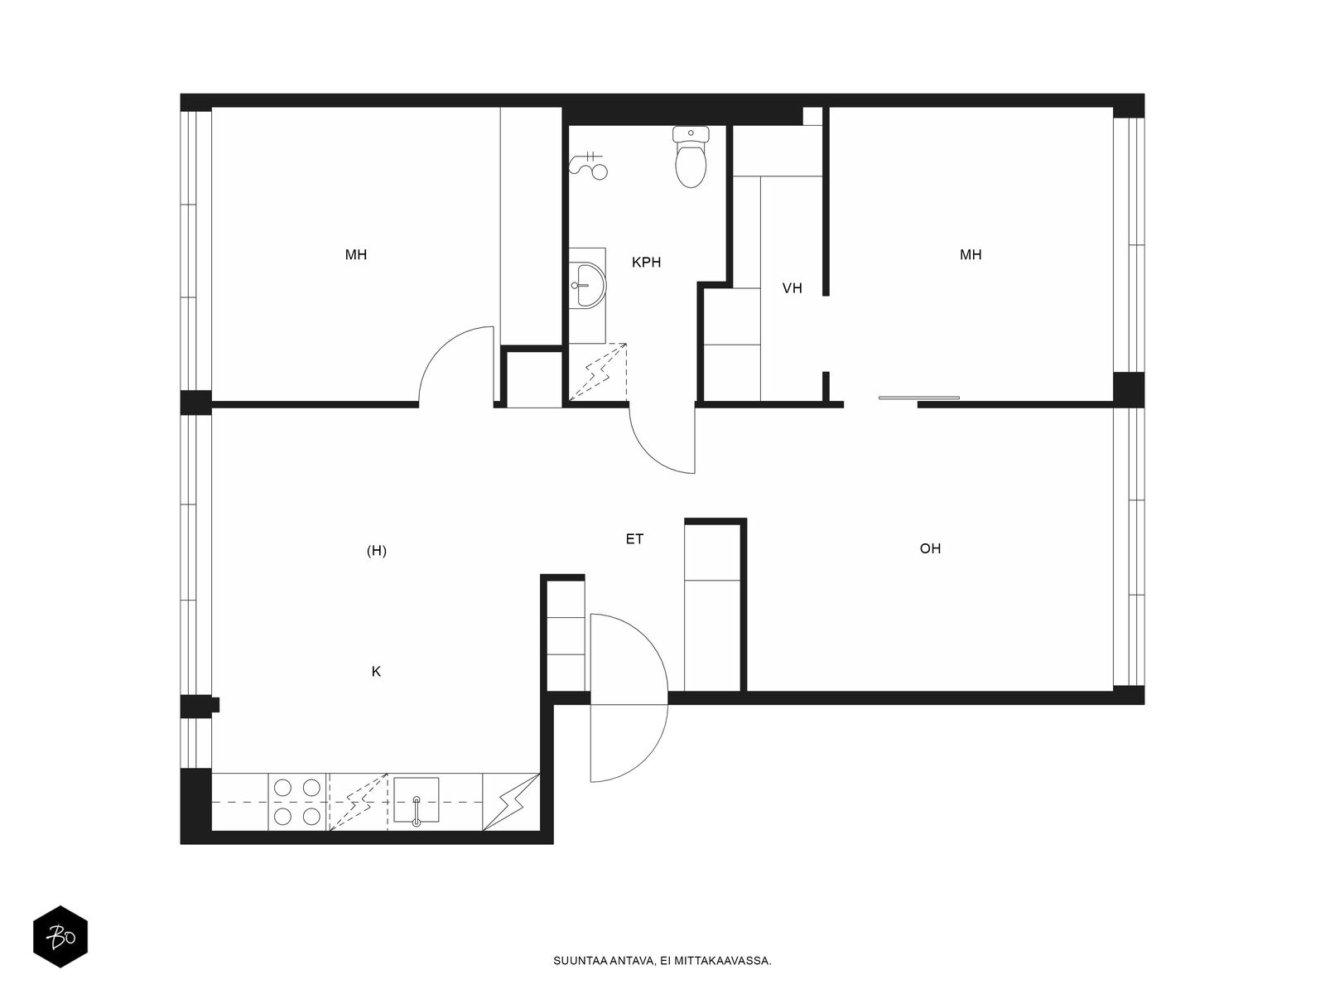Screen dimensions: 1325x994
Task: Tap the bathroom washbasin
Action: [587, 285]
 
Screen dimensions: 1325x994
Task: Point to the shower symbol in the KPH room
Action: [589, 165]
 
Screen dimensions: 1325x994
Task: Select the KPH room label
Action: [646, 263]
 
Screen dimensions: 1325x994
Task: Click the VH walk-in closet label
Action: [792, 288]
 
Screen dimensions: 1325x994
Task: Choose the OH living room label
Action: [930, 548]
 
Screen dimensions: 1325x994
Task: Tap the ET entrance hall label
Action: [634, 539]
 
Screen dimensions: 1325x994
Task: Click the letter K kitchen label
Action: [376, 672]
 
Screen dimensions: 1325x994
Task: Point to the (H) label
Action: [377, 551]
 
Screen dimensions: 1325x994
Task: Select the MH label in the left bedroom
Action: [356, 254]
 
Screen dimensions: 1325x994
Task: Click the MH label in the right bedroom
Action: [971, 254]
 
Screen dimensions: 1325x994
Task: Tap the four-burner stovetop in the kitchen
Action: [297, 802]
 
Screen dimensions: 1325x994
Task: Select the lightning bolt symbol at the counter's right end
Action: [511, 802]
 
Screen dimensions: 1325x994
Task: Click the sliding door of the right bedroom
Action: [918, 398]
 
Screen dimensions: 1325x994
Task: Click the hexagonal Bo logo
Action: [60, 937]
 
